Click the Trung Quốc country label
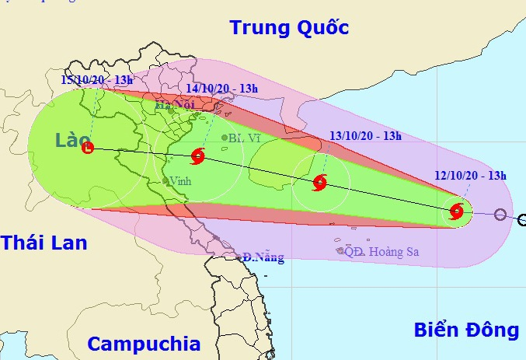pos(288,28)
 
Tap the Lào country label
pos(73,140)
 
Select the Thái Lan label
pos(44,243)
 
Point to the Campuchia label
pos(144,344)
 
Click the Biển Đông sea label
pos(465,330)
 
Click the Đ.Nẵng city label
pos(263,257)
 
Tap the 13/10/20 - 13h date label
pos(365,137)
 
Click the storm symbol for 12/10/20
pos(456,210)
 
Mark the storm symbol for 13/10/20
pos(319,183)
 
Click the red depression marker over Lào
pos(87,147)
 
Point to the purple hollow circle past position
pos(500,215)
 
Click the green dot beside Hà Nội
pos(171,111)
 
